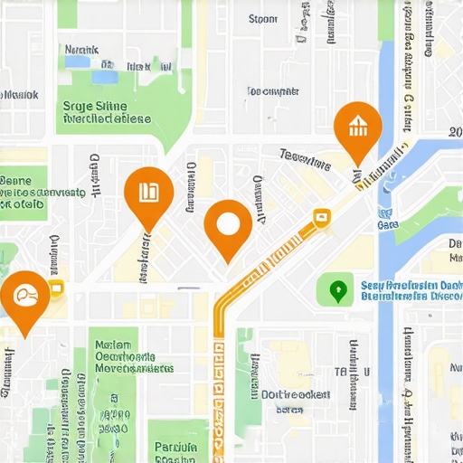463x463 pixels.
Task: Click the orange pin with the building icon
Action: coord(357,126)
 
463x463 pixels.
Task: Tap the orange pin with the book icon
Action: coord(148,192)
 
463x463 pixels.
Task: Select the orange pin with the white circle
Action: coord(228,224)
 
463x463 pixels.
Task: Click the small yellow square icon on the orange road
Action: coord(319,216)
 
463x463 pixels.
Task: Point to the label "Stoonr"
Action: coord(262,18)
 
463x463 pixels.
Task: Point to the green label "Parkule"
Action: coord(175,447)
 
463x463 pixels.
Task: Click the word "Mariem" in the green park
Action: coord(114,345)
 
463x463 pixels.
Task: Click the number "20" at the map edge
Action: coord(455,132)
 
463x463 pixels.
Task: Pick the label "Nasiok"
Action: coord(20,93)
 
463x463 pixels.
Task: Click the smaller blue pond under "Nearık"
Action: coord(109,64)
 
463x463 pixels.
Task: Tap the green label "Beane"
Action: coord(15,180)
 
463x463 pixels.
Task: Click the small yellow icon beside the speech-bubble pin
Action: coord(56,289)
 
